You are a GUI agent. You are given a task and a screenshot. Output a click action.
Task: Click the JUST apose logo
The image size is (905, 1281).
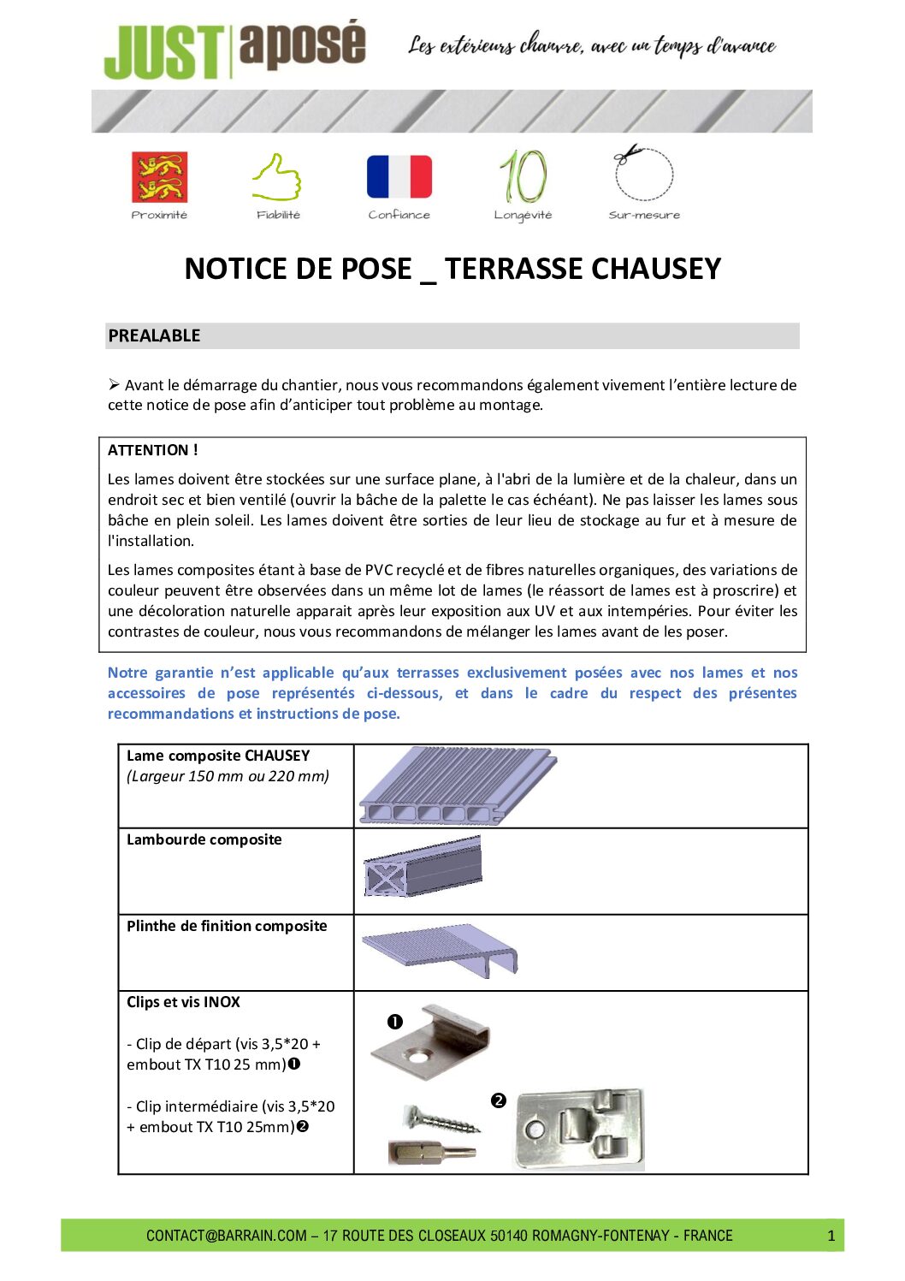click(x=234, y=50)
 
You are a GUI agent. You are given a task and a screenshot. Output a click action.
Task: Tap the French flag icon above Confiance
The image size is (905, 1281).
click(x=399, y=176)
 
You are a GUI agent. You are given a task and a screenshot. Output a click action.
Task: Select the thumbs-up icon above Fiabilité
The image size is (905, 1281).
click(x=276, y=177)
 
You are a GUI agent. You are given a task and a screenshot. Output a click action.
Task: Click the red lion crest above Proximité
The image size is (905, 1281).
click(x=159, y=177)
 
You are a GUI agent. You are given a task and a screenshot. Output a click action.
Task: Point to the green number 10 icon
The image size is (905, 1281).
click(x=523, y=176)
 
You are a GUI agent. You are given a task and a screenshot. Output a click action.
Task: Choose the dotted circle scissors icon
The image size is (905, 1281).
click(x=643, y=173)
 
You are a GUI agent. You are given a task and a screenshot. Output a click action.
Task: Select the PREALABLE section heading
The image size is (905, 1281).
click(x=154, y=335)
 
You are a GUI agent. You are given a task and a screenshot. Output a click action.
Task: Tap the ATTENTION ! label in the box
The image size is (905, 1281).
click(x=152, y=450)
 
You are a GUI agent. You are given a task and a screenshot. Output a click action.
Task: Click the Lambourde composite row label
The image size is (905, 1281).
click(x=204, y=839)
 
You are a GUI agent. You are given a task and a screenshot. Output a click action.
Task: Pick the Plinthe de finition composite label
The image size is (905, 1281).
click(x=227, y=926)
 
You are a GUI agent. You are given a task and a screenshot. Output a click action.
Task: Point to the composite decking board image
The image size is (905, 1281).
click(x=457, y=786)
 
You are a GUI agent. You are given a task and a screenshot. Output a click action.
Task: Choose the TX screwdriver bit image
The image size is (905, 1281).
click(x=432, y=1152)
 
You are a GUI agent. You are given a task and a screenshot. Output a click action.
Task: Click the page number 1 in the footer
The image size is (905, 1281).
click(x=831, y=1236)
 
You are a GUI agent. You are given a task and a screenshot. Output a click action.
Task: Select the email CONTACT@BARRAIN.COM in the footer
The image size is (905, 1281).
click(x=226, y=1236)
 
